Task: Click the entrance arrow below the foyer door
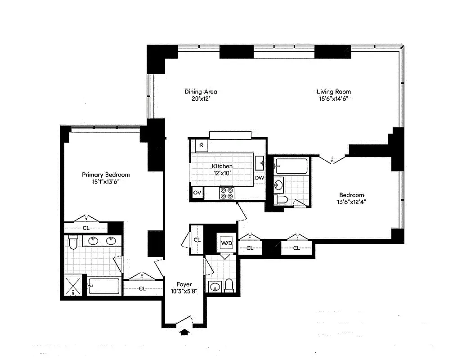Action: click(184, 332)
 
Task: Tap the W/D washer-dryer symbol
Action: click(226, 243)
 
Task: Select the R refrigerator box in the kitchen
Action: click(202, 145)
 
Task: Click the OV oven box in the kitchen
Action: click(197, 193)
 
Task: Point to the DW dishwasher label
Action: click(260, 178)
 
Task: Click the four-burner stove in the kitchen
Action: click(227, 193)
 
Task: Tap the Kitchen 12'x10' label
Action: click(222, 170)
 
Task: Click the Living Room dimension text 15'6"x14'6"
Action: click(333, 99)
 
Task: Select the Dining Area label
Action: click(201, 92)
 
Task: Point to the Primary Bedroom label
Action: click(106, 175)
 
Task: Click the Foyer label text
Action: click(184, 284)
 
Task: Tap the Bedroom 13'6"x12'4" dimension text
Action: click(351, 202)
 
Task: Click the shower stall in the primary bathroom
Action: click(73, 286)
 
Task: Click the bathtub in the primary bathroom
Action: click(104, 286)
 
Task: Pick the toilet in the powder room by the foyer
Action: click(229, 285)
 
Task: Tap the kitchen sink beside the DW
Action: click(260, 163)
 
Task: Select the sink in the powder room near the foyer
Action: click(215, 287)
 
